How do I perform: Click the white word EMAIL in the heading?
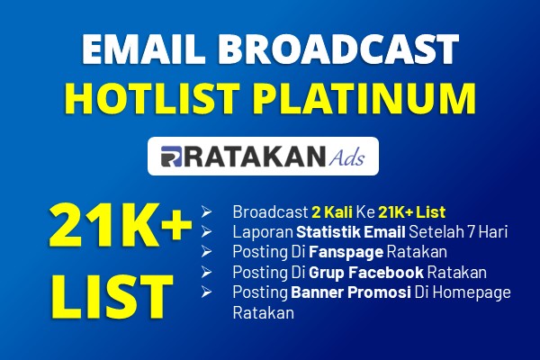coord(141,49)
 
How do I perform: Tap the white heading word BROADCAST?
coord(338,49)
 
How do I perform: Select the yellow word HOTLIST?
coord(152,98)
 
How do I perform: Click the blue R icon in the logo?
coord(171,157)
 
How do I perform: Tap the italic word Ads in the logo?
coord(346,157)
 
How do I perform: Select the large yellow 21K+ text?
coord(120,225)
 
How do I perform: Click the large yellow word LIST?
coord(112,297)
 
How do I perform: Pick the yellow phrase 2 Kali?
coord(332,211)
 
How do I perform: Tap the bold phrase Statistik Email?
coord(351,232)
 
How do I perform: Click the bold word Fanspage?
coord(346,252)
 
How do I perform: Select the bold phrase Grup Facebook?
coord(366,273)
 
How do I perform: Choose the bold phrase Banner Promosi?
coord(351,292)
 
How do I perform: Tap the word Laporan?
coord(263,232)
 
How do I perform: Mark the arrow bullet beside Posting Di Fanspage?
coord(206,252)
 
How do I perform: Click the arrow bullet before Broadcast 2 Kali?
coord(206,211)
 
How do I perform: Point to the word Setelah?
coord(436,232)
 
